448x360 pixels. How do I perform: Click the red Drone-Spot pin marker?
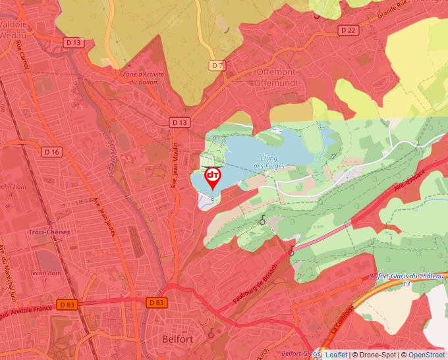tap(213, 177)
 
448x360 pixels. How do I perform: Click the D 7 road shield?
tap(217, 65)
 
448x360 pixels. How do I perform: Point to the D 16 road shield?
tap(52, 152)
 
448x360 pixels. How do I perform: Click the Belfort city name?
tap(177, 339)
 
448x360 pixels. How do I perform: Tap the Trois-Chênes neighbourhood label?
tap(49, 232)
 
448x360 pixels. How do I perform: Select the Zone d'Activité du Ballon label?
tap(142, 78)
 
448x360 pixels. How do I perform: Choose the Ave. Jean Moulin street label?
tap(176, 166)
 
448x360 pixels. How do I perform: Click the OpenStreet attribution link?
tap(426, 355)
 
